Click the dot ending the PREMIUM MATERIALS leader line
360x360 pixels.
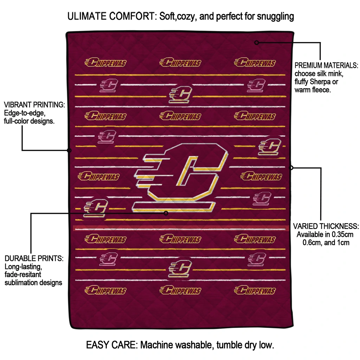(257, 43)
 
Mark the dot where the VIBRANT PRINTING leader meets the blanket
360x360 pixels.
(69, 150)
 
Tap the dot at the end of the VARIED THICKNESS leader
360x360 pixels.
(291, 168)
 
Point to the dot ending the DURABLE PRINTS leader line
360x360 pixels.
(166, 213)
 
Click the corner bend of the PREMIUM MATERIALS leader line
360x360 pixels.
(320, 43)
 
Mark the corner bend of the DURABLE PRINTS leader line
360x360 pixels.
(31, 213)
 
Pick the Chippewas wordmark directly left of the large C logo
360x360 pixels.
(99, 176)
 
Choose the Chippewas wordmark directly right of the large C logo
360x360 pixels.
(261, 176)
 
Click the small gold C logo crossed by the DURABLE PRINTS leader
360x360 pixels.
(96, 208)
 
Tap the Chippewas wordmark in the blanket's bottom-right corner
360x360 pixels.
(255, 290)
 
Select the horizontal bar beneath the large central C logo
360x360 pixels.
(174, 207)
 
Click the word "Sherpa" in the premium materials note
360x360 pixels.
(319, 82)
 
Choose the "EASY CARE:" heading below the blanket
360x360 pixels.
(112, 345)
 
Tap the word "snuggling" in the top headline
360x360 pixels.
(275, 17)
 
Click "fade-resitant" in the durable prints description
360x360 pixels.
(23, 274)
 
